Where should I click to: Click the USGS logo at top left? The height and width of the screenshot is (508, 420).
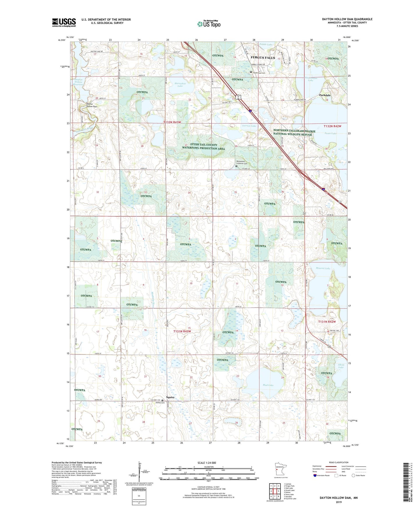click(64, 22)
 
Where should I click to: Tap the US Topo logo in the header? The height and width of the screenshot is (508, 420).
click(209, 24)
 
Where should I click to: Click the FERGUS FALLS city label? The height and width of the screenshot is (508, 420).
click(263, 58)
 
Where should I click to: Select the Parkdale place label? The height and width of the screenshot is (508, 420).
click(325, 95)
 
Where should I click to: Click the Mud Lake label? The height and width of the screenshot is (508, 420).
click(268, 385)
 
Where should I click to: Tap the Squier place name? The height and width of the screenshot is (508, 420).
click(170, 397)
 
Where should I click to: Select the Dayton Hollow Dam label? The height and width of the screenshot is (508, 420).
click(92, 105)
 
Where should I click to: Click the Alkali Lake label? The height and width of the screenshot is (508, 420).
click(341, 365)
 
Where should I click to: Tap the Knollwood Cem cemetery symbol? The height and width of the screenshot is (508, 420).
click(251, 72)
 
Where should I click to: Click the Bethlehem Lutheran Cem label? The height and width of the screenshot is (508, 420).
click(243, 162)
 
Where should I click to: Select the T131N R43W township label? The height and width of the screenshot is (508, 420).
click(183, 331)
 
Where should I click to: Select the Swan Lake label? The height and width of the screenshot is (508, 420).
click(330, 133)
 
